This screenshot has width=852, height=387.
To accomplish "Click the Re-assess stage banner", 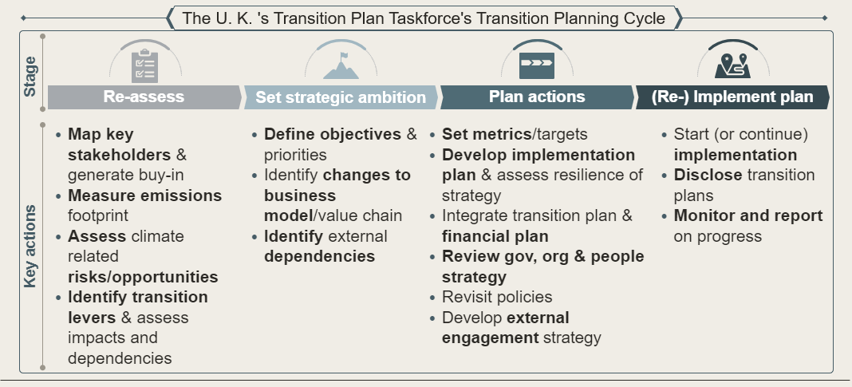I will pos(144,97).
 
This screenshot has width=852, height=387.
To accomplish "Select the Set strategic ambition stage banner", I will pos(341,97).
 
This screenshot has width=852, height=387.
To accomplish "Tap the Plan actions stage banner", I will pos(536,97).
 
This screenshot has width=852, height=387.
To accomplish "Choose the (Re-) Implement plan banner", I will pos(732,97).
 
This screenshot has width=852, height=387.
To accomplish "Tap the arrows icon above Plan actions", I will pos(536,64).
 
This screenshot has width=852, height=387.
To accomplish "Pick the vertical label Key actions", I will pos(30,246).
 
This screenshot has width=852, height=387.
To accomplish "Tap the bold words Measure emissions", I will pos(144,195).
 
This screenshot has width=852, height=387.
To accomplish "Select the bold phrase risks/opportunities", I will pos(143,277).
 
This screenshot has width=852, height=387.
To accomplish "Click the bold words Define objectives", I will pos(333,134).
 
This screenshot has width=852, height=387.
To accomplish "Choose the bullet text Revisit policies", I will pos(497,297).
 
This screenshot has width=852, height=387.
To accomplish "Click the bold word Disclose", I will pos(708,175).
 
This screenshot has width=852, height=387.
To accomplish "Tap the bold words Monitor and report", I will pos(747,215).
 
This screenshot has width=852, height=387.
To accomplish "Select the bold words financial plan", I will pos(495,236).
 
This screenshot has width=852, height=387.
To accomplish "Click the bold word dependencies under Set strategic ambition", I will pos(319,256).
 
